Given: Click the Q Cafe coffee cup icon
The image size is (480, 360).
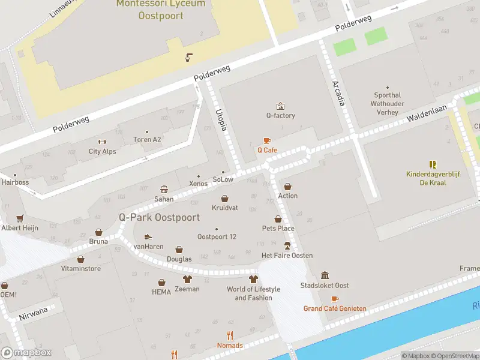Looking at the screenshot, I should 267,140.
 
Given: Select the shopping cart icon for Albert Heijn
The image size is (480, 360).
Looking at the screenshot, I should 20,218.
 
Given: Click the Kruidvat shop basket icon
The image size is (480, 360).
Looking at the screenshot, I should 225,198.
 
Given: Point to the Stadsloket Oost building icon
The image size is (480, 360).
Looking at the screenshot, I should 325,275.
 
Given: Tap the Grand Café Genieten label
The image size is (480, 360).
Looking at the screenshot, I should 335,308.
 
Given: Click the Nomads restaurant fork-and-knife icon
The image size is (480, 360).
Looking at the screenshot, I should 230,335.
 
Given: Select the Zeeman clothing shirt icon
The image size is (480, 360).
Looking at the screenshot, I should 187,279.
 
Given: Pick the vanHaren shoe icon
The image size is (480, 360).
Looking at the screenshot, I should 148,236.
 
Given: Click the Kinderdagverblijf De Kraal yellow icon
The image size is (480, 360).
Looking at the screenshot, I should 433,164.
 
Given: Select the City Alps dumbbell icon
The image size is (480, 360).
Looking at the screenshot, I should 102,142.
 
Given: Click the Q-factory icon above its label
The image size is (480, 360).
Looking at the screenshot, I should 280,106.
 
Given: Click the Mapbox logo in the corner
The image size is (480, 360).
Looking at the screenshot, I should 26,353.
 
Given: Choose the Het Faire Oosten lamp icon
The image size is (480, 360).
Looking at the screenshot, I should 287,245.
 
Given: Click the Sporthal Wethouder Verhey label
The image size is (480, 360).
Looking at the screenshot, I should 387,103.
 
